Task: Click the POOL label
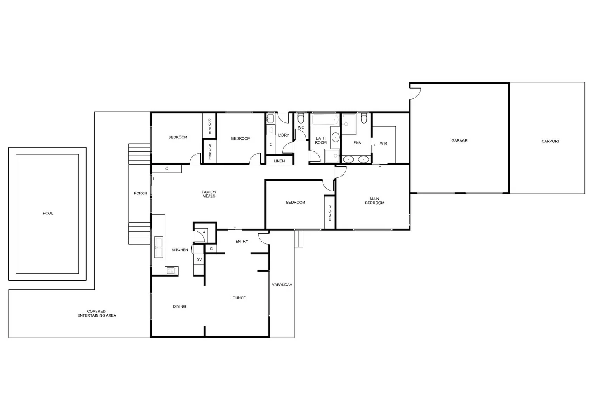tap(48, 213)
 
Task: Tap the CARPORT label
tap(550, 141)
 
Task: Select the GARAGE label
tap(459, 140)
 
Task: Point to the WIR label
tap(383, 143)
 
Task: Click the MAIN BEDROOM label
tap(374, 201)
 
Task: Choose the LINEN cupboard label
tap(279, 161)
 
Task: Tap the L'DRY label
tap(283, 135)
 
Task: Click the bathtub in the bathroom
tap(325, 119)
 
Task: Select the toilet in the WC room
tap(301, 117)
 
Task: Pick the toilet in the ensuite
tap(364, 118)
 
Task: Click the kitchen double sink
tap(158, 247)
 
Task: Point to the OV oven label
tap(199, 259)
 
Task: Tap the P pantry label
tap(204, 233)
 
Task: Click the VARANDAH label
tap(282, 285)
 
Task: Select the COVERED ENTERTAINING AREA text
tap(97, 313)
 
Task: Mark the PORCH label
tap(141, 193)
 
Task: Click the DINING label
tap(179, 306)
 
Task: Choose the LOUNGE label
tap(238, 298)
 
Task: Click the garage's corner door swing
tap(415, 93)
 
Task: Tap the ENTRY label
tap(242, 241)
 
